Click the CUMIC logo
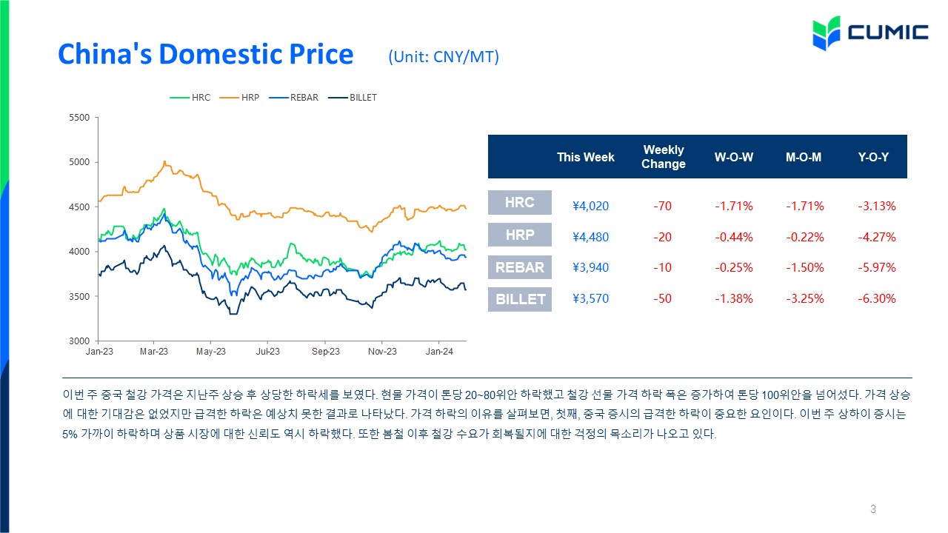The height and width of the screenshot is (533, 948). (870, 33)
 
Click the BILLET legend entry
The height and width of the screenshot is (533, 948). (353, 98)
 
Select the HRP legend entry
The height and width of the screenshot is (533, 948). (239, 98)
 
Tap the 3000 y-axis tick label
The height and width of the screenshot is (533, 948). (79, 341)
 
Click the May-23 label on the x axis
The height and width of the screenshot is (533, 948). (211, 352)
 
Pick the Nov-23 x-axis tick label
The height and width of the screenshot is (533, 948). (382, 352)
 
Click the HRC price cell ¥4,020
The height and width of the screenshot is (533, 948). (590, 206)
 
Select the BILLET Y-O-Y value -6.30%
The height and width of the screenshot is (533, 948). (876, 298)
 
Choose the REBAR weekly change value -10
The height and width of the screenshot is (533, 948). (662, 267)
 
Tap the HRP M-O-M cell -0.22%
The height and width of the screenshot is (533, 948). (804, 237)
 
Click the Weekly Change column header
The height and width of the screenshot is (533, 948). (663, 156)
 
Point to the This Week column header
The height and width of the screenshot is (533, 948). (585, 157)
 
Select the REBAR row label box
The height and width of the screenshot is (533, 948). (520, 267)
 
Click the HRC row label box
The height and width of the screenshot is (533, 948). (520, 203)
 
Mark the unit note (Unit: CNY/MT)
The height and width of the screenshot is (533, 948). (444, 57)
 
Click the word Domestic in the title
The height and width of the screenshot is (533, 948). (220, 54)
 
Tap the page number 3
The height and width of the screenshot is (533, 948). (872, 509)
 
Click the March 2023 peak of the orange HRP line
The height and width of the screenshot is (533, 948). (164, 161)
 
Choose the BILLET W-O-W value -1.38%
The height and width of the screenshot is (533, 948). (734, 298)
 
